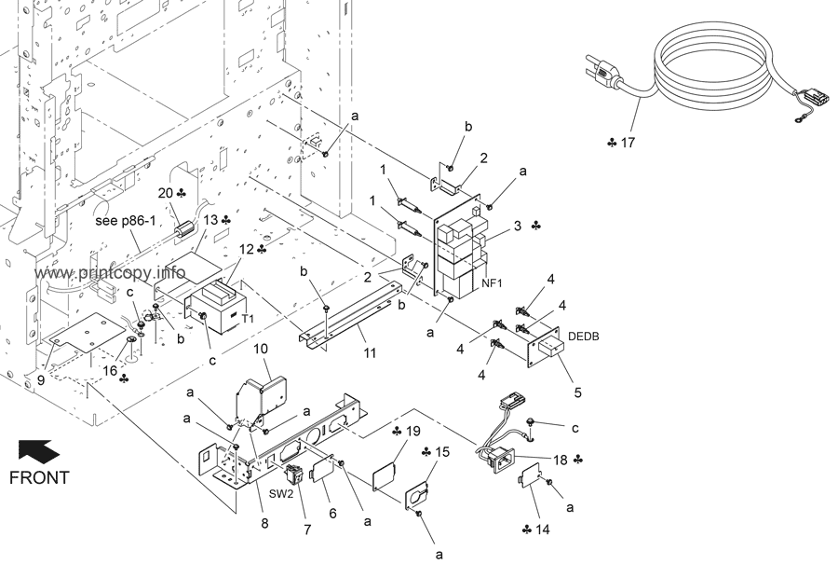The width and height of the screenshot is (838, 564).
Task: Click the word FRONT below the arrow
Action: click(x=39, y=478)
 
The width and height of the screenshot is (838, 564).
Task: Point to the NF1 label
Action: click(x=493, y=282)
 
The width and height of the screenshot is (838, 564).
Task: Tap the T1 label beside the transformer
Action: click(x=248, y=318)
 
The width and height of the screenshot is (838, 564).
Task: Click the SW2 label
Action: click(x=282, y=493)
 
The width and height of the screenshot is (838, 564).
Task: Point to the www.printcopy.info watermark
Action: click(x=112, y=273)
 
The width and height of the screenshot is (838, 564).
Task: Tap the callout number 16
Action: click(x=110, y=371)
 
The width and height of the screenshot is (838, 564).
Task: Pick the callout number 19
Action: click(x=413, y=431)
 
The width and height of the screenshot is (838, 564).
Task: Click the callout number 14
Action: click(x=543, y=530)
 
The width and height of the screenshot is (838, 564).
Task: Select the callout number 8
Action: click(x=264, y=524)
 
